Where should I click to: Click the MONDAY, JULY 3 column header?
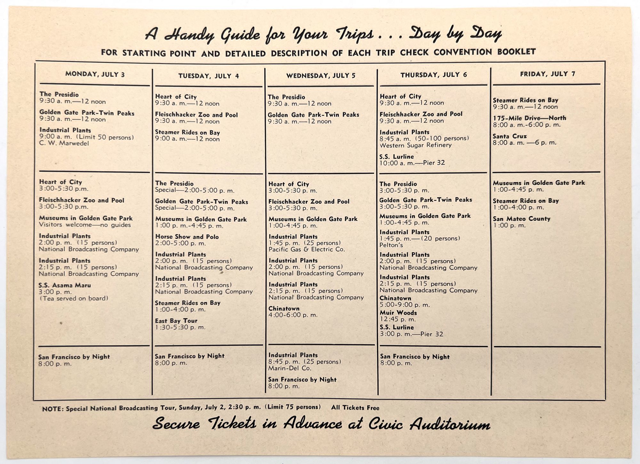tap(95, 74)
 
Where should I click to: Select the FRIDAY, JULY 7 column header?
tap(548, 74)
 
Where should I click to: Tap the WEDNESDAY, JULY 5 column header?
tap(321, 76)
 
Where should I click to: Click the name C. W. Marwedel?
tap(64, 143)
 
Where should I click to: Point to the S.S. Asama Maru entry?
tap(65, 285)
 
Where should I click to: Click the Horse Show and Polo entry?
tap(187, 237)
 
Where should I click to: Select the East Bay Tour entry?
tap(176, 321)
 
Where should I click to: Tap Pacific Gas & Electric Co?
tap(307, 249)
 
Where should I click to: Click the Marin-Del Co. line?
tap(290, 368)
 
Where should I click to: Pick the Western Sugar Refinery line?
tap(415, 145)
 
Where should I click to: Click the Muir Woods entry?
tap(398, 313)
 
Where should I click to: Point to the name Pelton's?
tap(391, 245)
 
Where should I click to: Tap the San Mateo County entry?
tap(521, 219)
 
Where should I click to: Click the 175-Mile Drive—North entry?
tap(529, 118)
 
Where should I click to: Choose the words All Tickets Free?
tap(355, 408)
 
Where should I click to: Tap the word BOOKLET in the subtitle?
tap(516, 52)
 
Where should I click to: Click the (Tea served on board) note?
tap(74, 298)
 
